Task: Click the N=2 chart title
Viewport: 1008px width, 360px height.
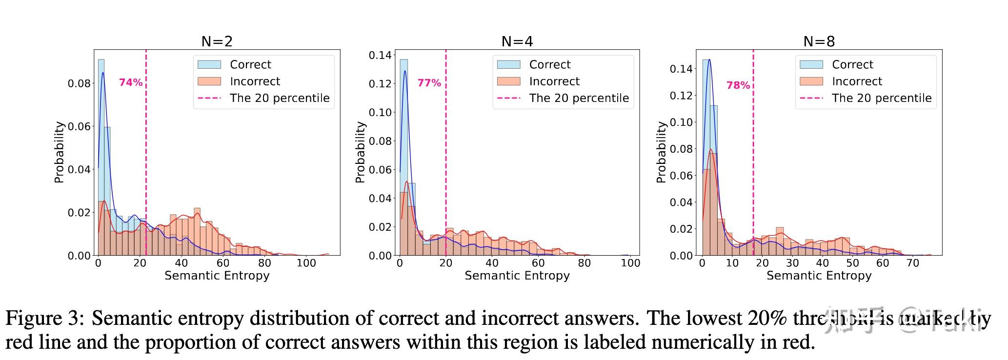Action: coord(217,41)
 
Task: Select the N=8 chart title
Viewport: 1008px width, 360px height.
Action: coord(819,41)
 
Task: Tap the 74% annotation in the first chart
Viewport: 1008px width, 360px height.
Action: coord(131,82)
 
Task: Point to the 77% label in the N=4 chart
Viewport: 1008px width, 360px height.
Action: coord(429,83)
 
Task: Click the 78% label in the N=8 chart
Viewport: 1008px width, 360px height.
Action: coord(738,85)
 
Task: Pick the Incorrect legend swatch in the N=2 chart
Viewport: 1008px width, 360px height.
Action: coord(209,81)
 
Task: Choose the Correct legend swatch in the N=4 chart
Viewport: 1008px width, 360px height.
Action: coord(508,64)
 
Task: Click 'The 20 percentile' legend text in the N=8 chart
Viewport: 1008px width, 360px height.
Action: coord(882,98)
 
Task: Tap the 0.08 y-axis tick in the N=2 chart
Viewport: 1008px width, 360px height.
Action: coord(79,83)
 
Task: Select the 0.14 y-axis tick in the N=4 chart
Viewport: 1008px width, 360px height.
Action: coord(380,55)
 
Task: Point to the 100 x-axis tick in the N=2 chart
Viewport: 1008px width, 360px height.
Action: coord(306,263)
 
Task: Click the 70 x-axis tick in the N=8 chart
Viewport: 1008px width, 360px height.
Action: coord(912,263)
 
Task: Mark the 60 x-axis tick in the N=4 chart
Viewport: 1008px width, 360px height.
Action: coord(538,263)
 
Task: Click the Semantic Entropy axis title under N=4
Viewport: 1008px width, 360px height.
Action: coord(517,276)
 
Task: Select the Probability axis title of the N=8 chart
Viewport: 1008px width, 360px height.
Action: coord(661,152)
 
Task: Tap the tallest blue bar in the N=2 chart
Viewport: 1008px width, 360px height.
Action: coord(101,156)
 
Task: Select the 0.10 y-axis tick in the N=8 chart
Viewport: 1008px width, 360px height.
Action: coord(681,122)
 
